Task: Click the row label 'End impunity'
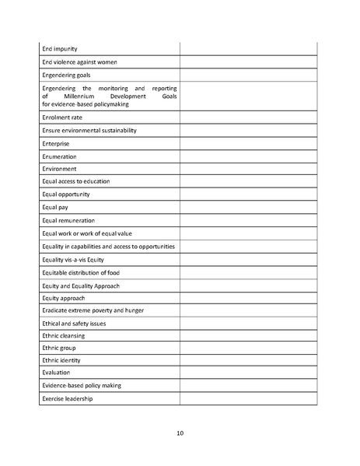59,49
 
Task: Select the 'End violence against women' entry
79,62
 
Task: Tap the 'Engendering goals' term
67,75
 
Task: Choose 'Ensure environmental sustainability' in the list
89,131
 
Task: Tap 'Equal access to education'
75,181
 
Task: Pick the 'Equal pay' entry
55,207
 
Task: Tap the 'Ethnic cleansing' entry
64,335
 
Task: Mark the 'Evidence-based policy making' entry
82,385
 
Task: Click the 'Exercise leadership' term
68,398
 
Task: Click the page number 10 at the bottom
180,433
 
